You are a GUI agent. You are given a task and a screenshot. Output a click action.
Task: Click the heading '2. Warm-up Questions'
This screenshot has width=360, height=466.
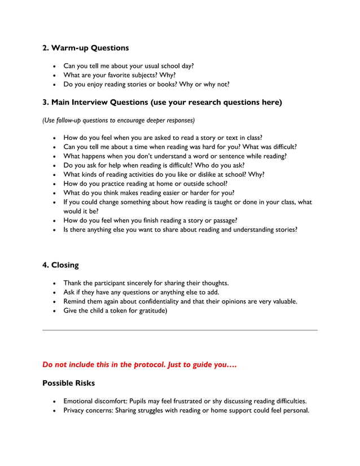pos(86,48)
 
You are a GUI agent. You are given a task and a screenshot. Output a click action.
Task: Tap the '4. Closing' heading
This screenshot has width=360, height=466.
pos(60,265)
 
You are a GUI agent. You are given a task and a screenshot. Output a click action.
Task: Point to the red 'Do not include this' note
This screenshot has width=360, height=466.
pos(139,365)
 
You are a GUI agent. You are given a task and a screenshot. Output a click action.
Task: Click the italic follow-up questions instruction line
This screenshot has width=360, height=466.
pos(118,120)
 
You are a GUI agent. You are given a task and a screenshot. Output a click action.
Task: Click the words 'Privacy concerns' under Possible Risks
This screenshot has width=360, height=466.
pos(88,410)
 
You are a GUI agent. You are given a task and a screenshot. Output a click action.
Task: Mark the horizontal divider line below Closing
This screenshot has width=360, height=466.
pos(180,330)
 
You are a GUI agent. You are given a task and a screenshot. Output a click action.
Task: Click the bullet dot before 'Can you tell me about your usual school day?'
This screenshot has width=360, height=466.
pos(54,66)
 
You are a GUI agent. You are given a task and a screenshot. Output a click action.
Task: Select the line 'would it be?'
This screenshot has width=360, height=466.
pos(81,211)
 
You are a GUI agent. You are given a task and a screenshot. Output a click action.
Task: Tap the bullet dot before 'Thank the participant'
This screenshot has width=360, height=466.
pos(54,283)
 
